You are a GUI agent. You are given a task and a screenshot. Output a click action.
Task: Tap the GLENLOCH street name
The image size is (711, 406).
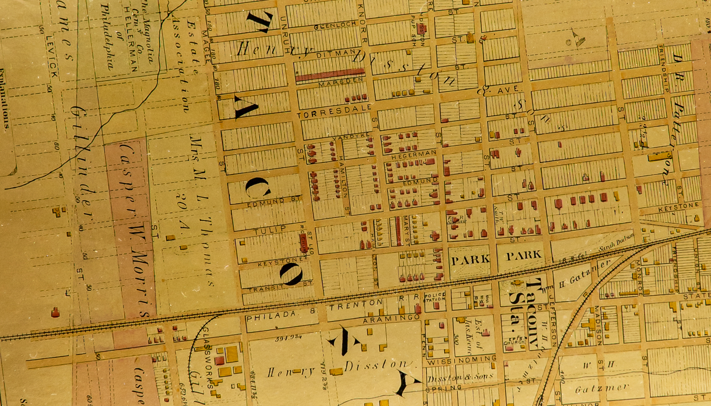(335, 25)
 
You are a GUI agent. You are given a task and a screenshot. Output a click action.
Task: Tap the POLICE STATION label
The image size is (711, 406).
(434, 297)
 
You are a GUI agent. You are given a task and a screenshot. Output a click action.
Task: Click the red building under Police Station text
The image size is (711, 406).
(418, 308)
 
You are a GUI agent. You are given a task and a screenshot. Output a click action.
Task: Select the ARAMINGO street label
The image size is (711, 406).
(391, 318)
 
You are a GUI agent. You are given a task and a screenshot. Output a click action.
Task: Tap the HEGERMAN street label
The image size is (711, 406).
(413, 154)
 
